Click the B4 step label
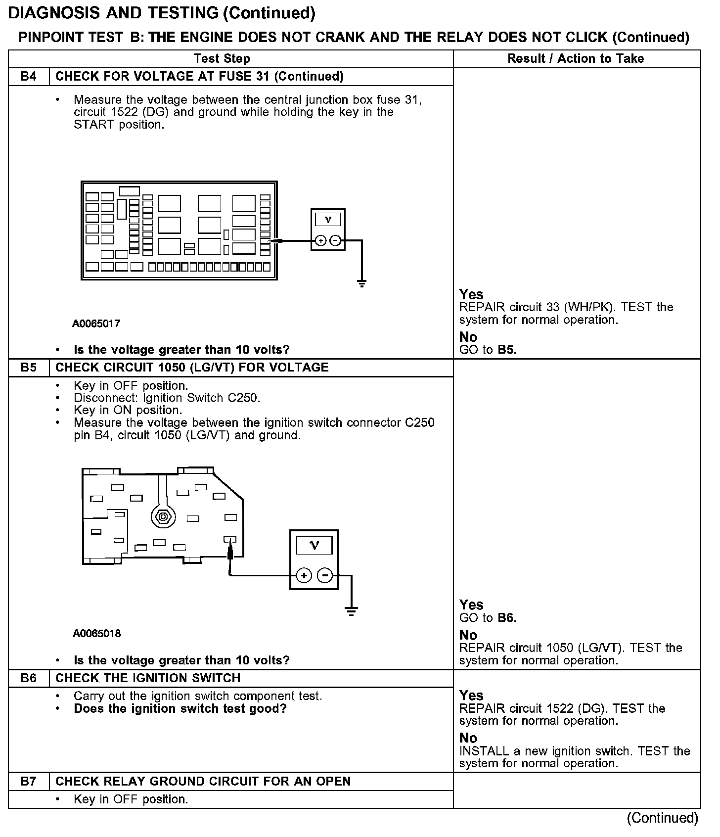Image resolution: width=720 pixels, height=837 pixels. tap(29, 77)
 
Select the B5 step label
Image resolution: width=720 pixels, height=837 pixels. tap(29, 368)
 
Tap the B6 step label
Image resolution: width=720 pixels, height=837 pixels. tap(29, 678)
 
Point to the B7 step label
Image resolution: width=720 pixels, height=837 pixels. tap(29, 782)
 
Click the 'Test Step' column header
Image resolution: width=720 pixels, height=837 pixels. tap(222, 59)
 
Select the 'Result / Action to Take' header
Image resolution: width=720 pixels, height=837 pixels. tap(576, 59)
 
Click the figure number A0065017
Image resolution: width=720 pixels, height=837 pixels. tap(96, 324)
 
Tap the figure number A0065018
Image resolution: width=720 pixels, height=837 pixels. tap(97, 634)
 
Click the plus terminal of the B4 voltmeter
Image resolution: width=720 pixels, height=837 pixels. tap(320, 241)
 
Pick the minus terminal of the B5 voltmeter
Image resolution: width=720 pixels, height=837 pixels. tap(325, 576)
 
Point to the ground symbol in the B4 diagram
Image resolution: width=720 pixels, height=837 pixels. tap(362, 283)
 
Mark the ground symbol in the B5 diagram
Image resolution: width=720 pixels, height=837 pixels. tap(351, 611)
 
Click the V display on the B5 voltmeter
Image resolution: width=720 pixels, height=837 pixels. tap(314, 545)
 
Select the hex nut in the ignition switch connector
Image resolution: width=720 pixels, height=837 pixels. tap(162, 517)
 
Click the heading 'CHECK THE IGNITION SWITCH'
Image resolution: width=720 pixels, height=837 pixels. tap(148, 678)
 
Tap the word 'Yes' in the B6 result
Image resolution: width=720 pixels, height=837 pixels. tap(471, 696)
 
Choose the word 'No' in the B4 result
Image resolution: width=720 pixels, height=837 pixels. tap(468, 337)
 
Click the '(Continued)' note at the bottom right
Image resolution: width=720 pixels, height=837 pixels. tap(662, 819)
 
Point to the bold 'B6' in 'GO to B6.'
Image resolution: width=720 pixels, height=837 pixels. tap(505, 618)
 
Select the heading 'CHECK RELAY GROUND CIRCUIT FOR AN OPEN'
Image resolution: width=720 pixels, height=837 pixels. tap(203, 782)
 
